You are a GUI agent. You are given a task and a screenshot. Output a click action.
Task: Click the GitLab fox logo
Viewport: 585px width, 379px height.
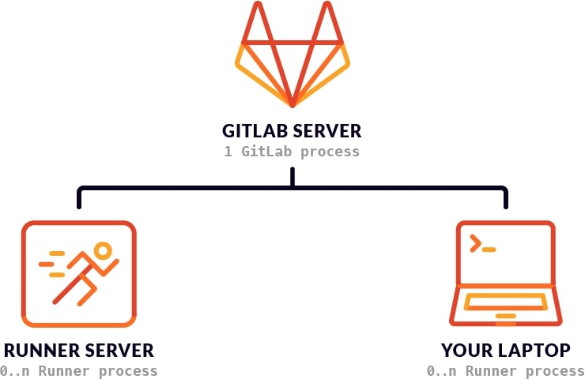pyautogui.click(x=292, y=59)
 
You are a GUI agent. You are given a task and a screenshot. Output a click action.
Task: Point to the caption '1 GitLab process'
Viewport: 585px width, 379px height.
pyautogui.click(x=292, y=151)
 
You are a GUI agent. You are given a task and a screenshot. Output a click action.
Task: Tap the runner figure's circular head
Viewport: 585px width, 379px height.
pyautogui.click(x=102, y=251)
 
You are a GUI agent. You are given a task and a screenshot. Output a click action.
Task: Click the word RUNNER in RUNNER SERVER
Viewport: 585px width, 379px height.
pyautogui.click(x=39, y=351)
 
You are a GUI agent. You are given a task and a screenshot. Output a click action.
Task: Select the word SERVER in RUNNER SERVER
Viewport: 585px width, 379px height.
pyautogui.click(x=118, y=351)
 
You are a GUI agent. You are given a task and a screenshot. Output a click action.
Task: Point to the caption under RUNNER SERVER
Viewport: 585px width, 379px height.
pyautogui.click(x=79, y=370)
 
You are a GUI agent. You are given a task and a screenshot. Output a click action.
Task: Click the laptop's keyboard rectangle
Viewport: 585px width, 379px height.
pyautogui.click(x=505, y=301)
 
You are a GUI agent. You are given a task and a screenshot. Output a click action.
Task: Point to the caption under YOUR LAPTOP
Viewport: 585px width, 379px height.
pyautogui.click(x=505, y=370)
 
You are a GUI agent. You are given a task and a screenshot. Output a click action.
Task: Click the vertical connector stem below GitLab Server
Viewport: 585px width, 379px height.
pyautogui.click(x=292, y=178)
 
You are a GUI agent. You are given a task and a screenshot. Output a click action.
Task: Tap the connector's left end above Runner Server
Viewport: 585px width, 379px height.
pyautogui.click(x=78, y=200)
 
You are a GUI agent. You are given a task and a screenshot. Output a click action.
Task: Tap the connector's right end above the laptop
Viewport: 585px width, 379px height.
pyautogui.click(x=505, y=200)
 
